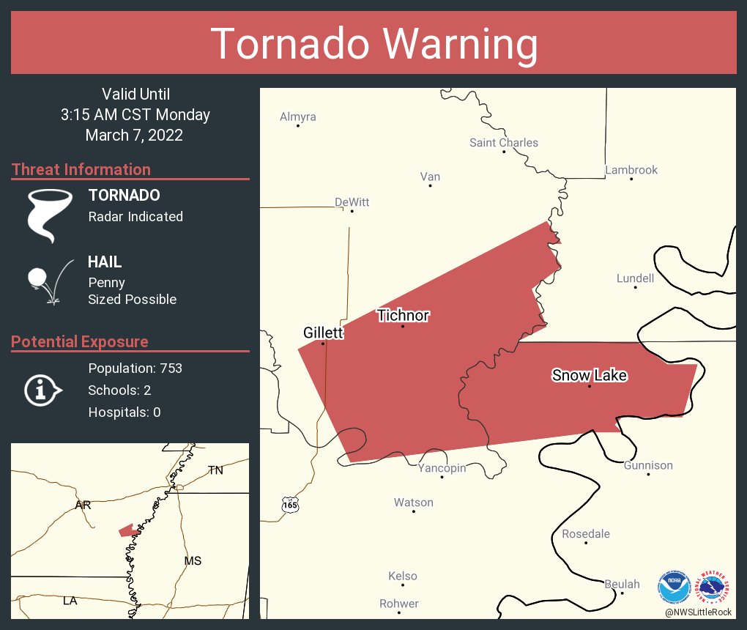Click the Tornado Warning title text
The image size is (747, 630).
373,44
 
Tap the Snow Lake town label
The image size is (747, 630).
590,375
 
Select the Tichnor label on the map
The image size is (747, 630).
403,316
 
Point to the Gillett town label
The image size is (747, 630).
323,333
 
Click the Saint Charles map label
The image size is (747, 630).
504,143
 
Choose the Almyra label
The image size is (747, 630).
298,116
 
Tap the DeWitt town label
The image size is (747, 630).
352,202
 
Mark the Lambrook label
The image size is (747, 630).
631,170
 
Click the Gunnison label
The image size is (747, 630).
648,465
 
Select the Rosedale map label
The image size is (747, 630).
586,534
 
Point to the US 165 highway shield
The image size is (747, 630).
291,505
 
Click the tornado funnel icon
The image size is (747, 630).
49,215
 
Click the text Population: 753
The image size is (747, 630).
135,368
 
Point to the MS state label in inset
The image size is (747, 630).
193,561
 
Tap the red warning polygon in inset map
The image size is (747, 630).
127,530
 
